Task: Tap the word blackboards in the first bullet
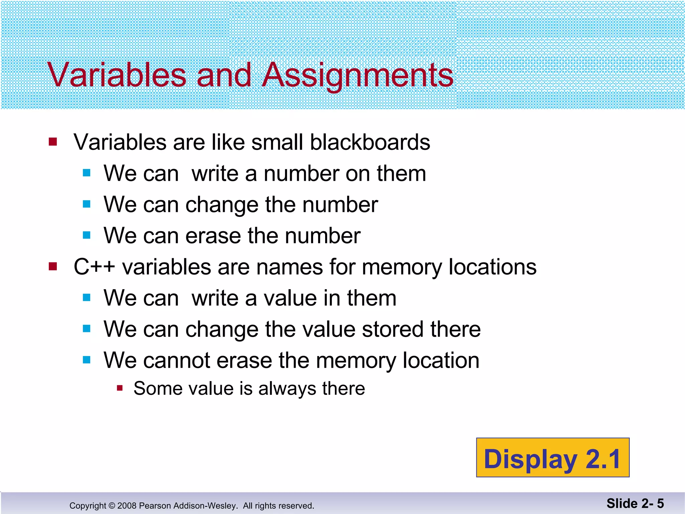pyautogui.click(x=370, y=142)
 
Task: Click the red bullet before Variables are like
pyautogui.click(x=53, y=142)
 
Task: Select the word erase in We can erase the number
pyautogui.click(x=213, y=236)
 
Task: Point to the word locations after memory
pyautogui.click(x=492, y=267)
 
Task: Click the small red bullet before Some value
pyautogui.click(x=120, y=388)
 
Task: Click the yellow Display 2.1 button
pyautogui.click(x=553, y=457)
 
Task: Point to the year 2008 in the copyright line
pyautogui.click(x=127, y=506)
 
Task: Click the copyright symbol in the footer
pyautogui.click(x=112, y=506)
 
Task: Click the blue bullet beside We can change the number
pyautogui.click(x=87, y=204)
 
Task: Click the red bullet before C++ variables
pyautogui.click(x=53, y=266)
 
